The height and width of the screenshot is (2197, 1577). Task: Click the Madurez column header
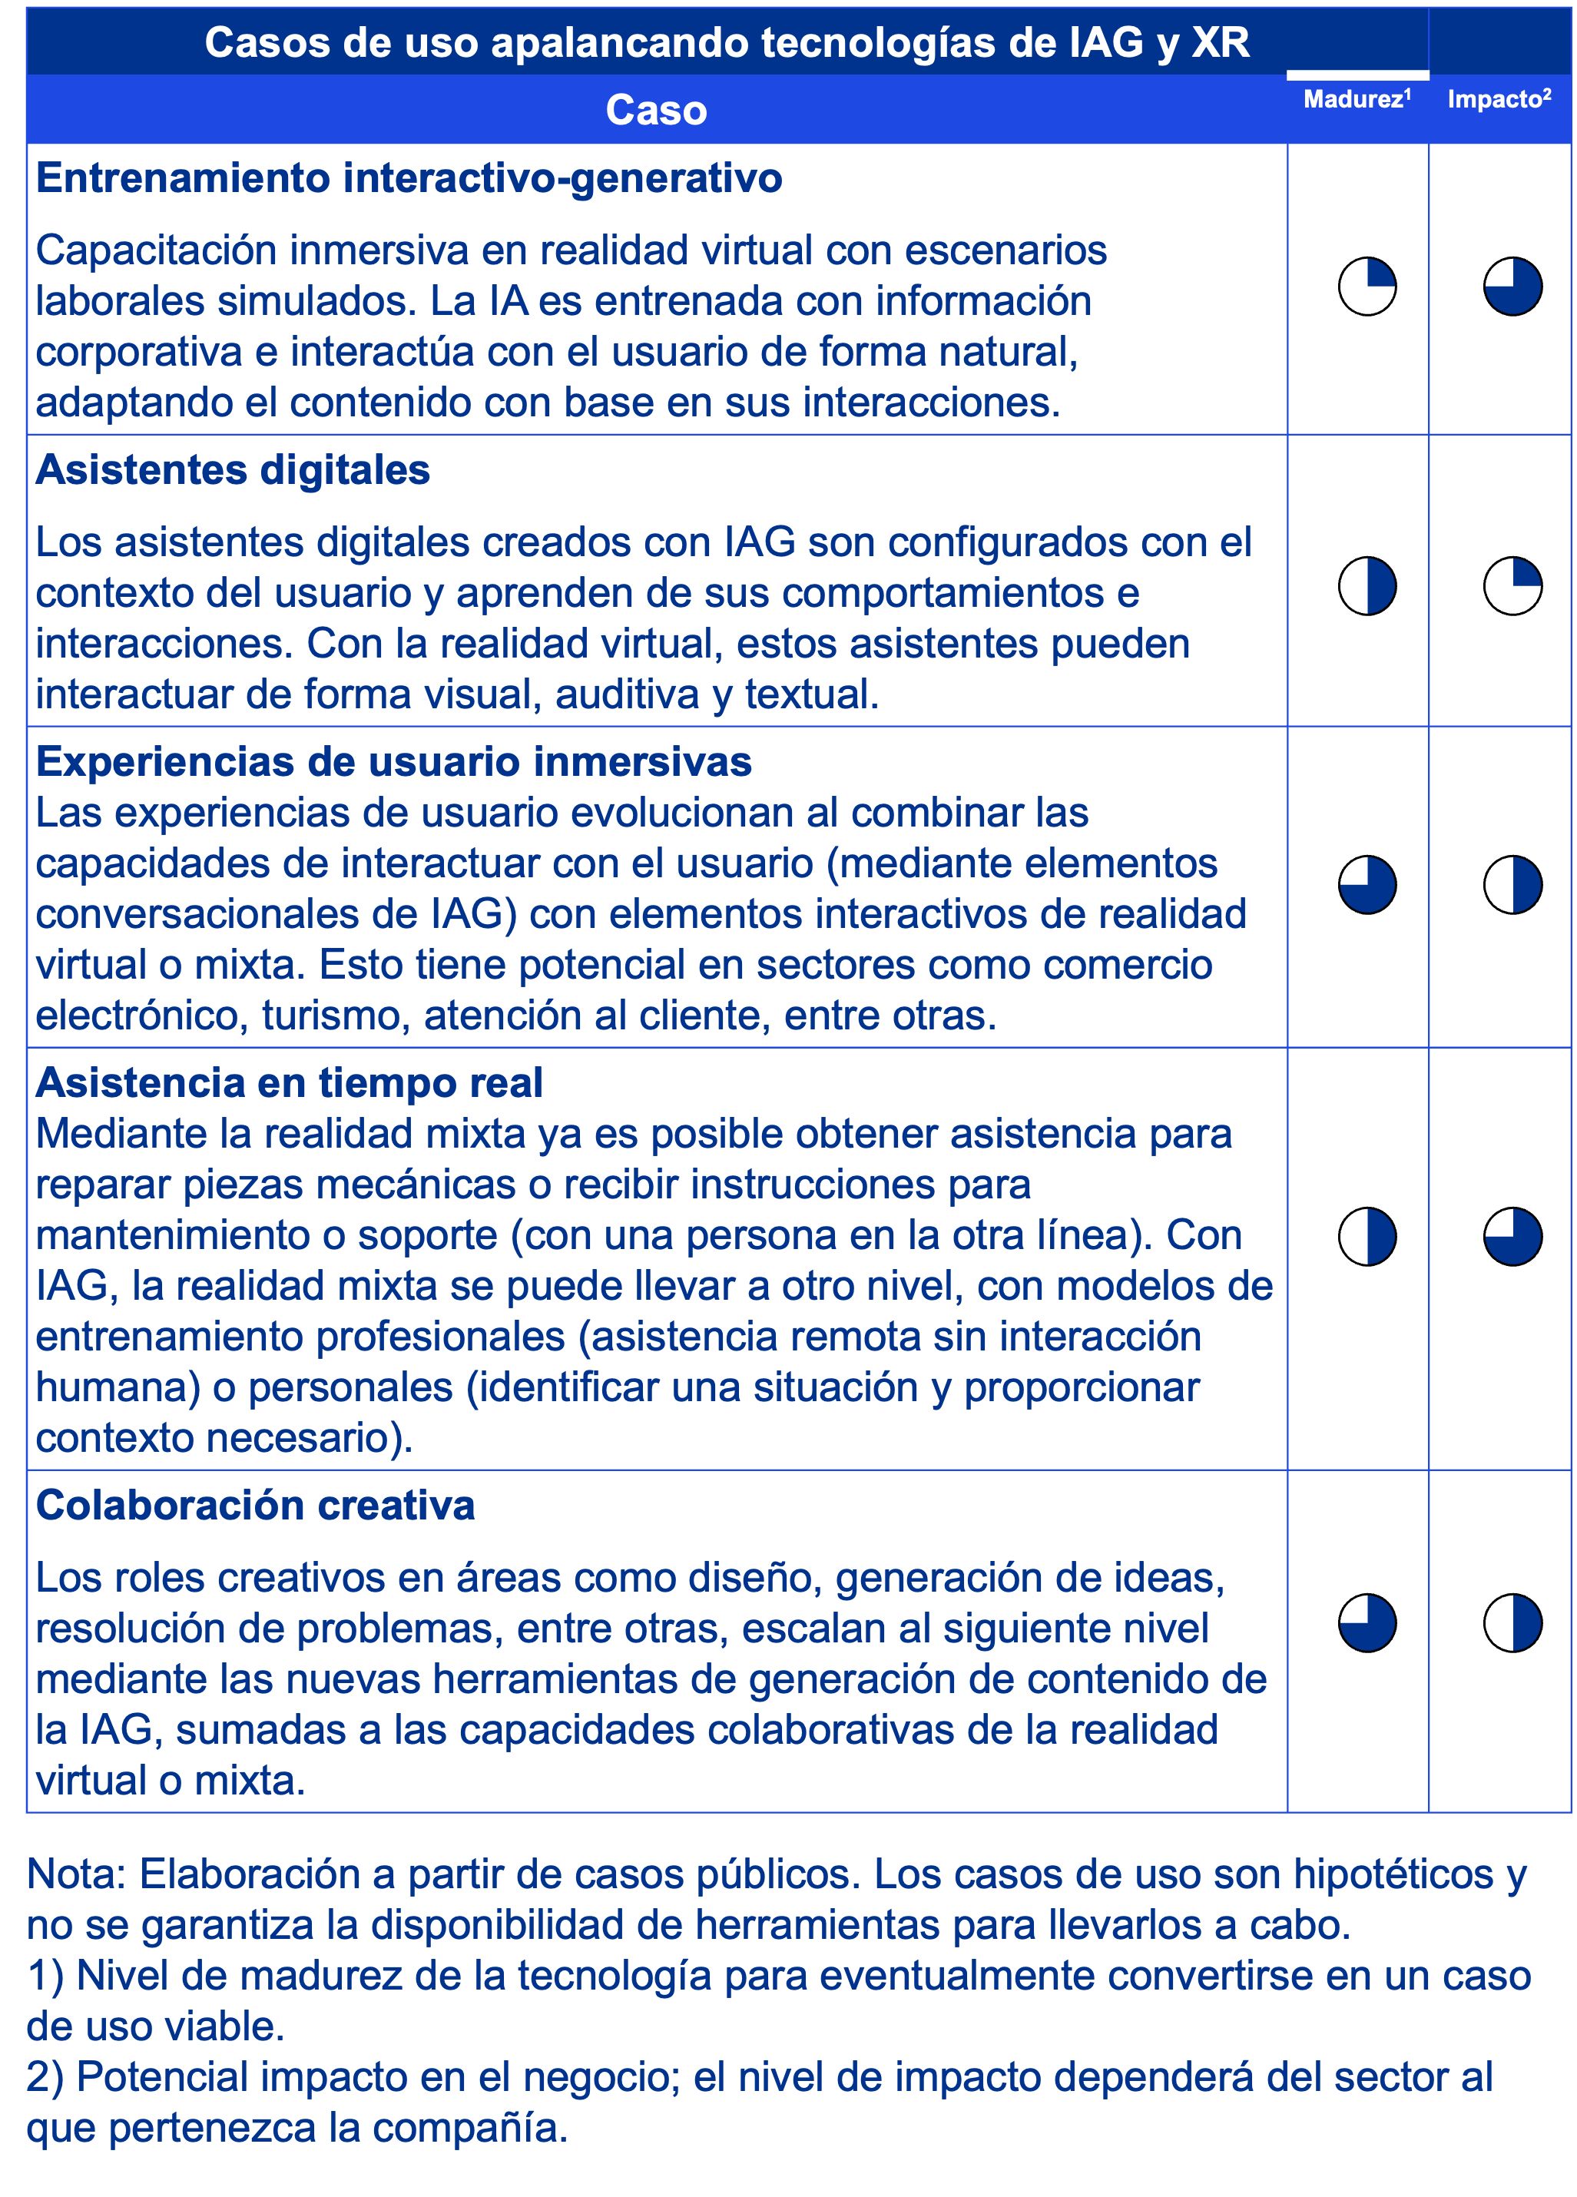pos(1355,100)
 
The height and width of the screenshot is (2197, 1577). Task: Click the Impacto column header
pos(1498,100)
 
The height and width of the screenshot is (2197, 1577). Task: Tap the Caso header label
pos(656,111)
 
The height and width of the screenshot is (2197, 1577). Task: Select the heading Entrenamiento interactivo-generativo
pos(409,179)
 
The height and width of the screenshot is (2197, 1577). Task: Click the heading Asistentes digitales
pos(233,471)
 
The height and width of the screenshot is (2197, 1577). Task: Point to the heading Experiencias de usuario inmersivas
pos(393,762)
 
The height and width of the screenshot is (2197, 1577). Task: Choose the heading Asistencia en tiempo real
pos(289,1083)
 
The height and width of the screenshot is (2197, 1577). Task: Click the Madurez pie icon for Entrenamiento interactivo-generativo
pos(1366,287)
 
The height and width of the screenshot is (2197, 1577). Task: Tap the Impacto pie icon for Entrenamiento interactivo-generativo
pos(1512,287)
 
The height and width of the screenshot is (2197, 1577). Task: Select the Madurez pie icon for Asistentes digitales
pos(1366,586)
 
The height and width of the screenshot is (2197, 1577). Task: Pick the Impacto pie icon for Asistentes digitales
pos(1512,586)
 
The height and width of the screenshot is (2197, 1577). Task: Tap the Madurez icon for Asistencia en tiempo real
pos(1366,1236)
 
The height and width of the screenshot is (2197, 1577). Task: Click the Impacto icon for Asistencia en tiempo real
pos(1512,1236)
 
